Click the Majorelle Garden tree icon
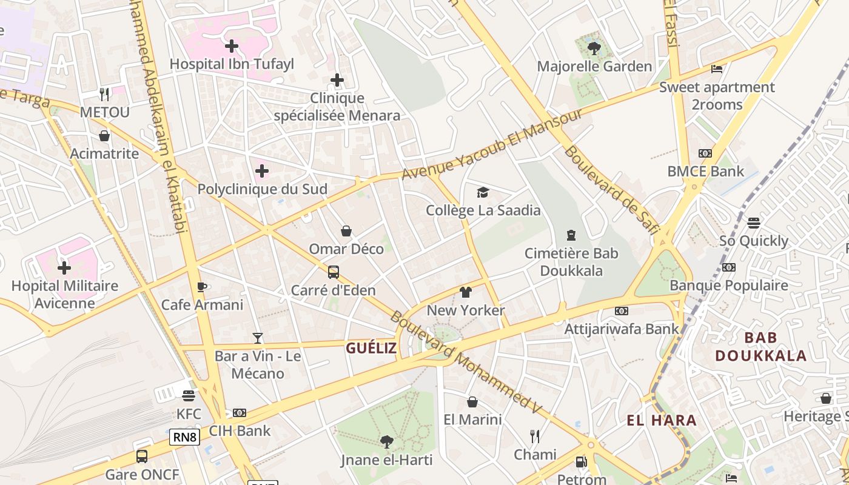(x=594, y=48)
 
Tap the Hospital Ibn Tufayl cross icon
(x=231, y=45)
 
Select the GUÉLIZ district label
(x=371, y=348)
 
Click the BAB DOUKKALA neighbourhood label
(x=761, y=347)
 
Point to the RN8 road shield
(x=184, y=437)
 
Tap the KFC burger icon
(x=188, y=395)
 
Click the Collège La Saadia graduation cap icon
(x=483, y=193)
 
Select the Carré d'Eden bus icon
(x=333, y=272)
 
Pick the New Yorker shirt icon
(x=465, y=292)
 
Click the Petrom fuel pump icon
(x=581, y=462)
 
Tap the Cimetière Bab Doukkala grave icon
(x=571, y=235)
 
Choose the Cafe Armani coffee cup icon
(x=202, y=287)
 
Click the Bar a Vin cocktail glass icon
(x=258, y=338)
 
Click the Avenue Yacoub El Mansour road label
(x=492, y=144)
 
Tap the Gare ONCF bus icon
(x=142, y=456)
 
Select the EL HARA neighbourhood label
(x=662, y=420)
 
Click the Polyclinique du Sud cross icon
(x=262, y=171)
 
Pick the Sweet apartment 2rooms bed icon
(x=717, y=69)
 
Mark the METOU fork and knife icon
(x=104, y=94)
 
